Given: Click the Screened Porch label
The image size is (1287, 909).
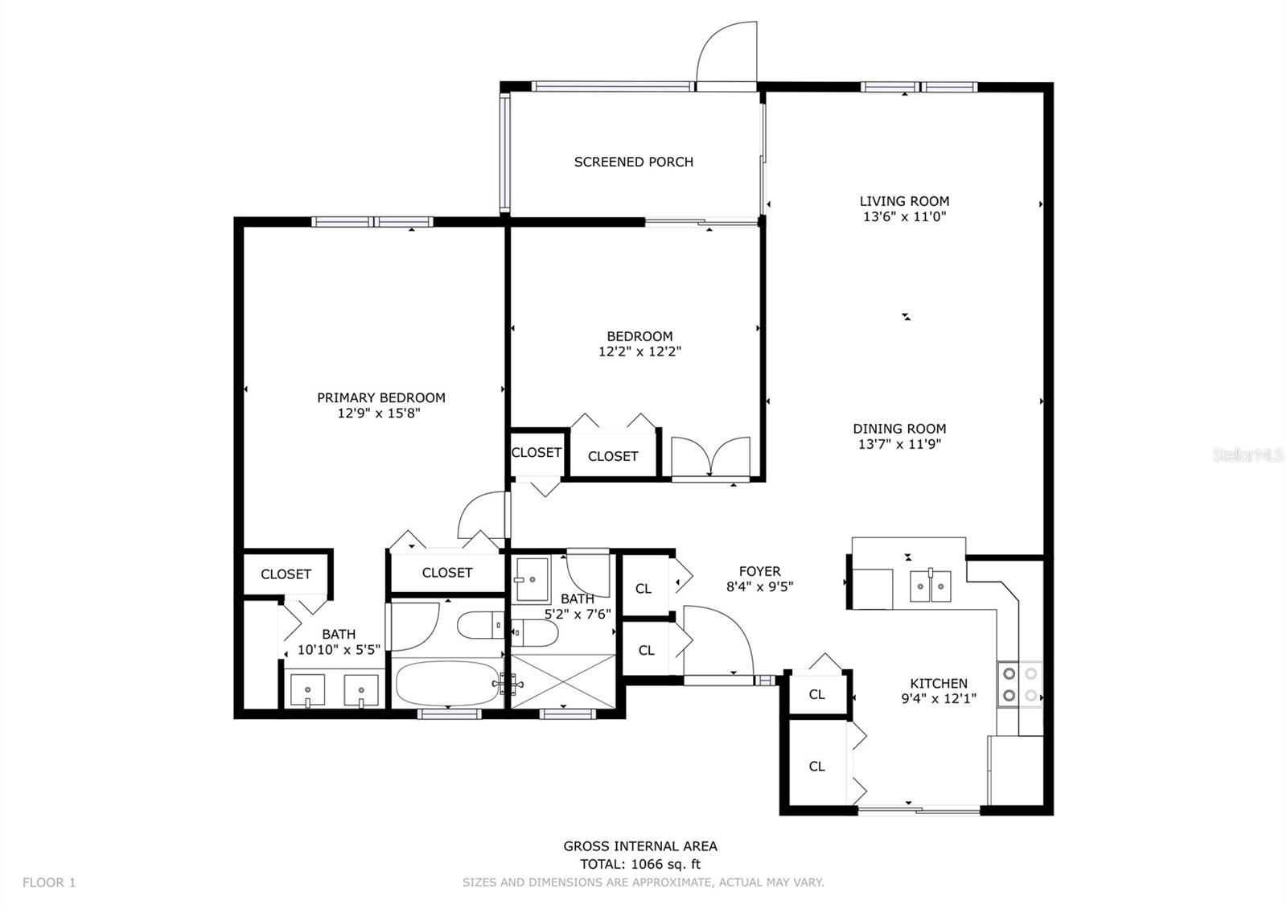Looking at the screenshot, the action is [x=633, y=162].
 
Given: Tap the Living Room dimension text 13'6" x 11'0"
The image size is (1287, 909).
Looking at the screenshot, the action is [x=904, y=216].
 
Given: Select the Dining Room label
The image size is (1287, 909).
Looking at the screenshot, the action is [x=899, y=429].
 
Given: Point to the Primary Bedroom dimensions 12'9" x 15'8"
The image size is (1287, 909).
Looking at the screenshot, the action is [x=379, y=413].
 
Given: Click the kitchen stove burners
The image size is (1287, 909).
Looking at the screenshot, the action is [x=1020, y=684].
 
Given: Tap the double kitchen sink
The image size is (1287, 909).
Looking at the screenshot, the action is [x=930, y=586].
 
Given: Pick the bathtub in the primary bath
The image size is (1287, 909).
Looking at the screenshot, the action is [x=447, y=683].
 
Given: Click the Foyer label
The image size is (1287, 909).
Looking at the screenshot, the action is [x=759, y=571].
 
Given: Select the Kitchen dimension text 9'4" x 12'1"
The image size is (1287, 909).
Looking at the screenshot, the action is [x=939, y=699].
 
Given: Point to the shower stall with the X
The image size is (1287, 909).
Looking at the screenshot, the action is [x=563, y=681].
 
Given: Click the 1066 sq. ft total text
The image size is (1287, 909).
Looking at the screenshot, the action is [x=666, y=864].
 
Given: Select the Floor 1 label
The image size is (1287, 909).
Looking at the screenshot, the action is [x=49, y=882].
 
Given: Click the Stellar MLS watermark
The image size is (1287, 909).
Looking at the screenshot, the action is [x=1248, y=455].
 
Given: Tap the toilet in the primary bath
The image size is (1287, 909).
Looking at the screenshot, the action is [x=480, y=625].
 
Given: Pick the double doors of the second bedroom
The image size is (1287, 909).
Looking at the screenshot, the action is [x=711, y=457].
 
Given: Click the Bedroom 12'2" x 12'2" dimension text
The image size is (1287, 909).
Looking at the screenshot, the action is [x=639, y=352].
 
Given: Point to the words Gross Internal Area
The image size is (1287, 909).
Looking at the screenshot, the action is [x=640, y=846].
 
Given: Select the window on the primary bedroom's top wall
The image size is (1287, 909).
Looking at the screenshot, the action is [x=372, y=222].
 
